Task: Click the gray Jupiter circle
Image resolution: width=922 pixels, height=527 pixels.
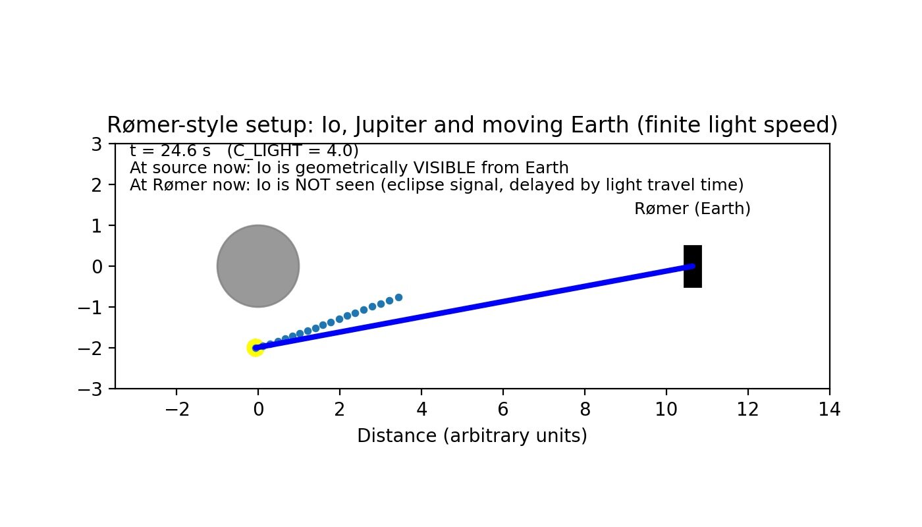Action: coord(258,266)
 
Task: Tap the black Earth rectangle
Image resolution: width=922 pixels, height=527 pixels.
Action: coord(693,266)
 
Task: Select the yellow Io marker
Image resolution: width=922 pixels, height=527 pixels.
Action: coord(256,348)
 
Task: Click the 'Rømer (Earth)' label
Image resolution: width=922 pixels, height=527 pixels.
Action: coord(692,209)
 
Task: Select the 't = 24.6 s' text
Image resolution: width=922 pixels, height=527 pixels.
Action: coord(170,151)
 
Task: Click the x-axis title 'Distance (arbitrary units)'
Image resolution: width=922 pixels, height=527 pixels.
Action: coord(472,435)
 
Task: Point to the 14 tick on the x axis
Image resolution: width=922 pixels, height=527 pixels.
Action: coord(829,409)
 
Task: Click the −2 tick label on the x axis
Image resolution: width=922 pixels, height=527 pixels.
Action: coord(176,409)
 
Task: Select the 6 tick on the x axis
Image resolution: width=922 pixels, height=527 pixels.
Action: coord(503,409)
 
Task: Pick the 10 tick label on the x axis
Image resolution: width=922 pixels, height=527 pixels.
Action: coord(666,409)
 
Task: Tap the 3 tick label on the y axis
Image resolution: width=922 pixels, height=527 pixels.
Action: coord(97,144)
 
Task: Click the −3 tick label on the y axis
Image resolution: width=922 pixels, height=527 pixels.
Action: coord(91,389)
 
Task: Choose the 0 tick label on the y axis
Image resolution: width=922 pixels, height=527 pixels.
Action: coord(97,266)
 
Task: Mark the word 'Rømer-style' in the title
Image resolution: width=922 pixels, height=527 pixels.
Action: coord(173,125)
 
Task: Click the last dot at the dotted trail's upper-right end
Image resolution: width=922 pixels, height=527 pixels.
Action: coord(398,297)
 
